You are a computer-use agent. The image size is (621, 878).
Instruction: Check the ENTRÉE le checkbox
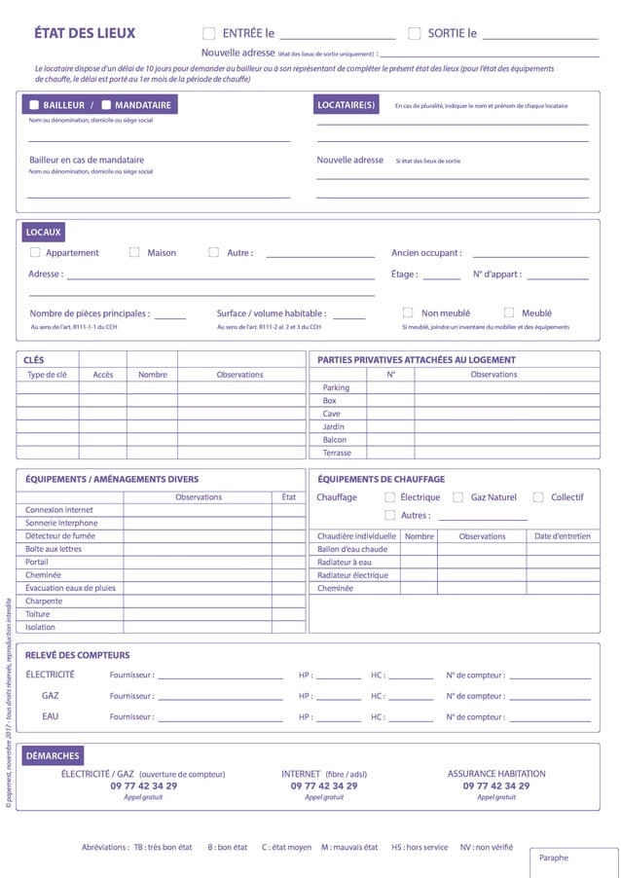point(208,33)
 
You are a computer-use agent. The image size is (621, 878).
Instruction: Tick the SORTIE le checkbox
point(414,33)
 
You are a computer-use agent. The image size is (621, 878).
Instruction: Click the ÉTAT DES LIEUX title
point(85,33)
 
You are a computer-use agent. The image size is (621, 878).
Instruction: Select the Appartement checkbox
point(35,252)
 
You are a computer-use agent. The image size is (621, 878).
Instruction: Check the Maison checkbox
point(134,252)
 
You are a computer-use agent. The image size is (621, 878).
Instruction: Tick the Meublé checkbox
point(509,312)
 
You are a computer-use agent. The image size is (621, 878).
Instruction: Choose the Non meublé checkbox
point(408,312)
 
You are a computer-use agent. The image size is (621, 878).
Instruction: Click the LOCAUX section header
point(44,233)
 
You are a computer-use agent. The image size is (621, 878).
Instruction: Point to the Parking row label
point(336,387)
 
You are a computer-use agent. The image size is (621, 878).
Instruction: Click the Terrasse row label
point(337,453)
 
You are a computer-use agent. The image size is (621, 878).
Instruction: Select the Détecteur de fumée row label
point(60,535)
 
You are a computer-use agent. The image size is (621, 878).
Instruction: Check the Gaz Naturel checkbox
point(457,497)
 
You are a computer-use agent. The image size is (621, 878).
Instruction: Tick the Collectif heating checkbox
point(538,497)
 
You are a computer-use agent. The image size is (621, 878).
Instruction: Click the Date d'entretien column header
point(562,536)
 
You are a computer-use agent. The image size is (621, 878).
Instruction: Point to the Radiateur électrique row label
point(352,575)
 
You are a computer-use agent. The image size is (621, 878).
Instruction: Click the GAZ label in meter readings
point(51,696)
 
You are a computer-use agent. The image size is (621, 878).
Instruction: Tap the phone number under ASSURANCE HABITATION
point(496,786)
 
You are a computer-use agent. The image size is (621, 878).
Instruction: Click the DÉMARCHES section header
point(53,755)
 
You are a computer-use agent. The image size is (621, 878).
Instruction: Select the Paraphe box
point(574,862)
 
